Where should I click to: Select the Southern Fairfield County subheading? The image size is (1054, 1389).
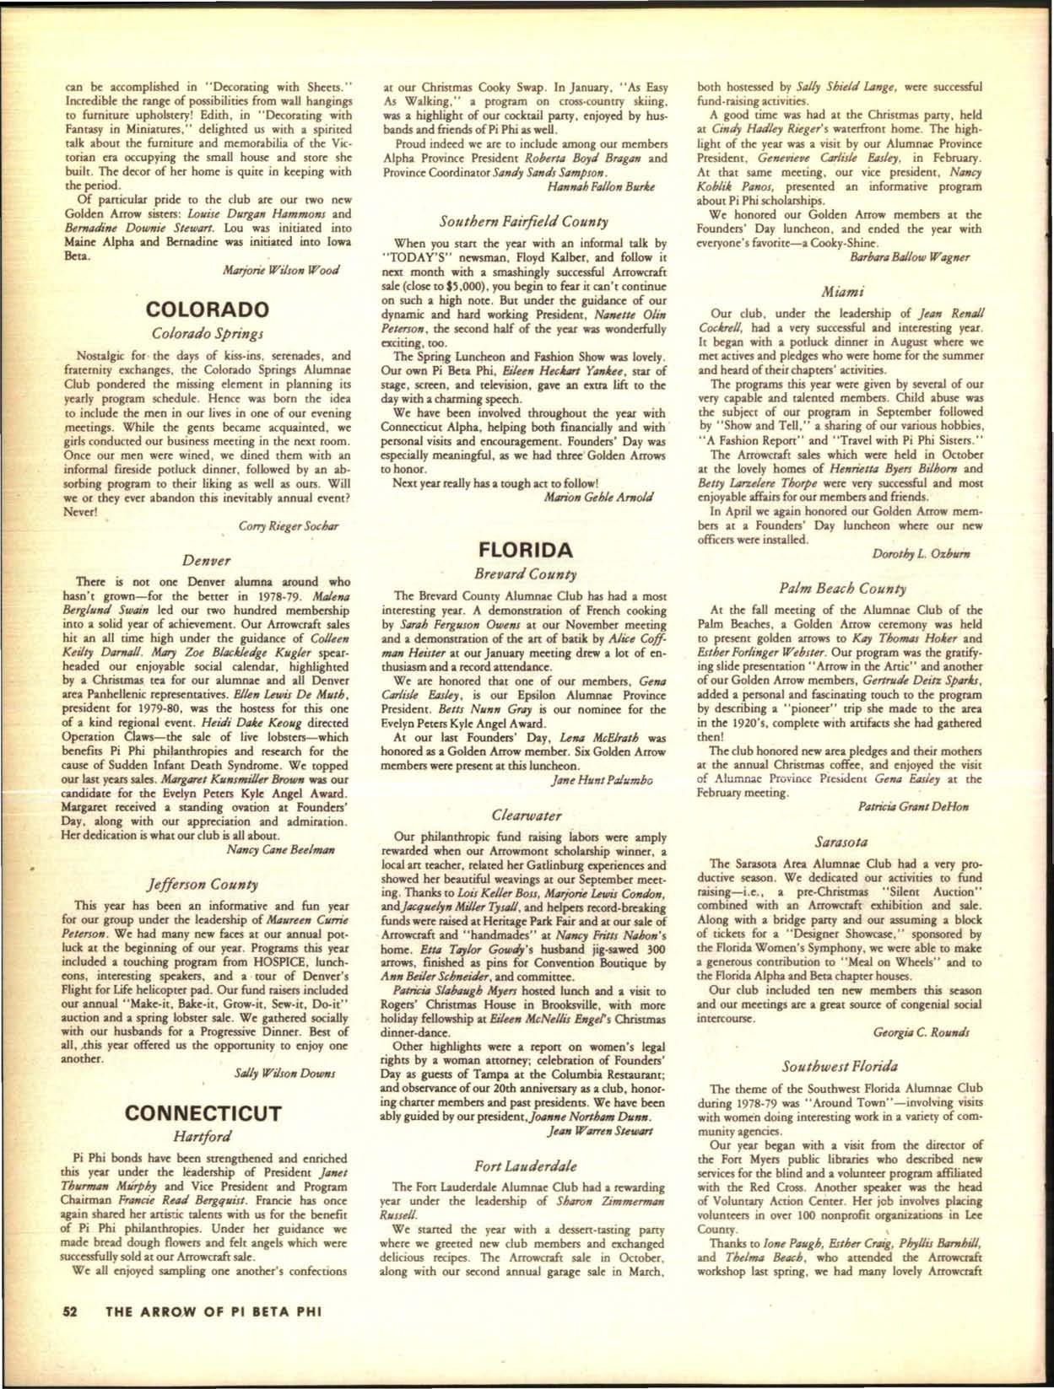[x=525, y=222]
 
